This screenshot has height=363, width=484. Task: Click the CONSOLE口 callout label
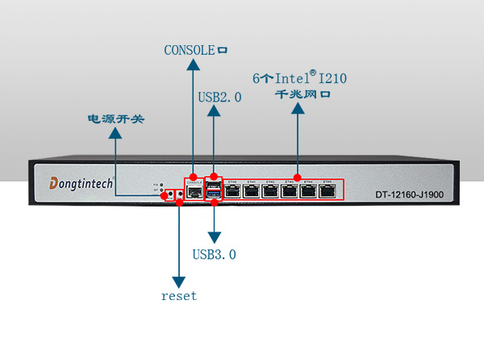195,50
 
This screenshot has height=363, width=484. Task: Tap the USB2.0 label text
219,98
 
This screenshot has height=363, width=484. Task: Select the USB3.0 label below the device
214,255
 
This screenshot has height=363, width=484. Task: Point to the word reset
178,295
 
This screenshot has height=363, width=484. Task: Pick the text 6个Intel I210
299,79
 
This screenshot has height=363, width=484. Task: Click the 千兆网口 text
299,94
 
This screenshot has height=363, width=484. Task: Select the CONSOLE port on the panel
194,192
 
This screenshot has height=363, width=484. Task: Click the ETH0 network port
233,191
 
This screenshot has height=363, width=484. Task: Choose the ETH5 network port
328,191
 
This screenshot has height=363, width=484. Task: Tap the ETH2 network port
271,191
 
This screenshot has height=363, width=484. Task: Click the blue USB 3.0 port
214,194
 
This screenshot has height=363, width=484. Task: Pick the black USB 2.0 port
214,186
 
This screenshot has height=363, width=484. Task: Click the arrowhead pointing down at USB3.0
214,238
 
